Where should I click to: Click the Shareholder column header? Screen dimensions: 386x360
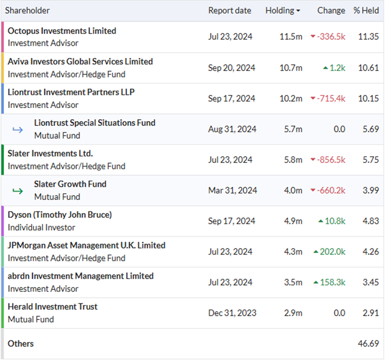tap(28, 11)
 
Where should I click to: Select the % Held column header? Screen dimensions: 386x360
tap(366, 11)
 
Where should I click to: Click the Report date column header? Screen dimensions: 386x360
tap(230, 11)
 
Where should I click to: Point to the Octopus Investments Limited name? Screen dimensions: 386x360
tap(62, 31)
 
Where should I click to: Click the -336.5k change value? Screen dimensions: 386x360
tap(331, 37)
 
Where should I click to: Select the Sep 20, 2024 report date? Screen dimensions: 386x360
tap(232, 68)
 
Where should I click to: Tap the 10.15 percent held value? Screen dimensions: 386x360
tap(368, 99)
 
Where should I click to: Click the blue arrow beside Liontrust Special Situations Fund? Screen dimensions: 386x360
tap(18, 129)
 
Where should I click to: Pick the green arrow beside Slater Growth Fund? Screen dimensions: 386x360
tap(18, 191)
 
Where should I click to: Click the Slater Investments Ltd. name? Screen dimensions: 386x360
tap(50, 154)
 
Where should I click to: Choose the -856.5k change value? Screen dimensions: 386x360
tap(331, 160)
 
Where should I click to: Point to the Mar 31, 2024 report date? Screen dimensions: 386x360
tap(233, 190)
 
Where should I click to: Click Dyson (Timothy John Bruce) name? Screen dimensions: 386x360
tap(60, 215)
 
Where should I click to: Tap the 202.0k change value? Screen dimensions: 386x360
tap(332, 252)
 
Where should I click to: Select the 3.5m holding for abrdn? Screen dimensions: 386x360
tap(293, 282)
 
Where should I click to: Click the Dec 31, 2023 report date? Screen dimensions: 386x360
tap(232, 313)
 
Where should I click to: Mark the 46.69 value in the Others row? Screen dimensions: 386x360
tap(368, 344)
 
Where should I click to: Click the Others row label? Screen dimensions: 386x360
tap(21, 344)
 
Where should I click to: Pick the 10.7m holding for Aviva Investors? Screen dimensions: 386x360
tap(291, 68)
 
